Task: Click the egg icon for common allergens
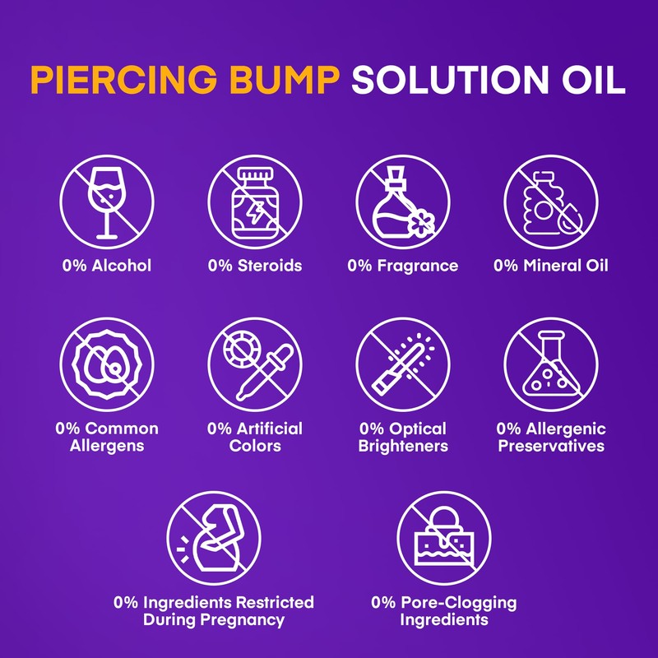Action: tap(106, 364)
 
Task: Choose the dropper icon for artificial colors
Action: tap(254, 364)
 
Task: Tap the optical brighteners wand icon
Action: tap(402, 364)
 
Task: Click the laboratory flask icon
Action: tap(550, 364)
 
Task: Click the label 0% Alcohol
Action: tap(106, 266)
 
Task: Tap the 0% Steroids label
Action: tap(254, 266)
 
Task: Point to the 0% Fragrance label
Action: tap(402, 266)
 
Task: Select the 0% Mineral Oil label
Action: tap(550, 266)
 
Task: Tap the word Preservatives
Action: tap(550, 446)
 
